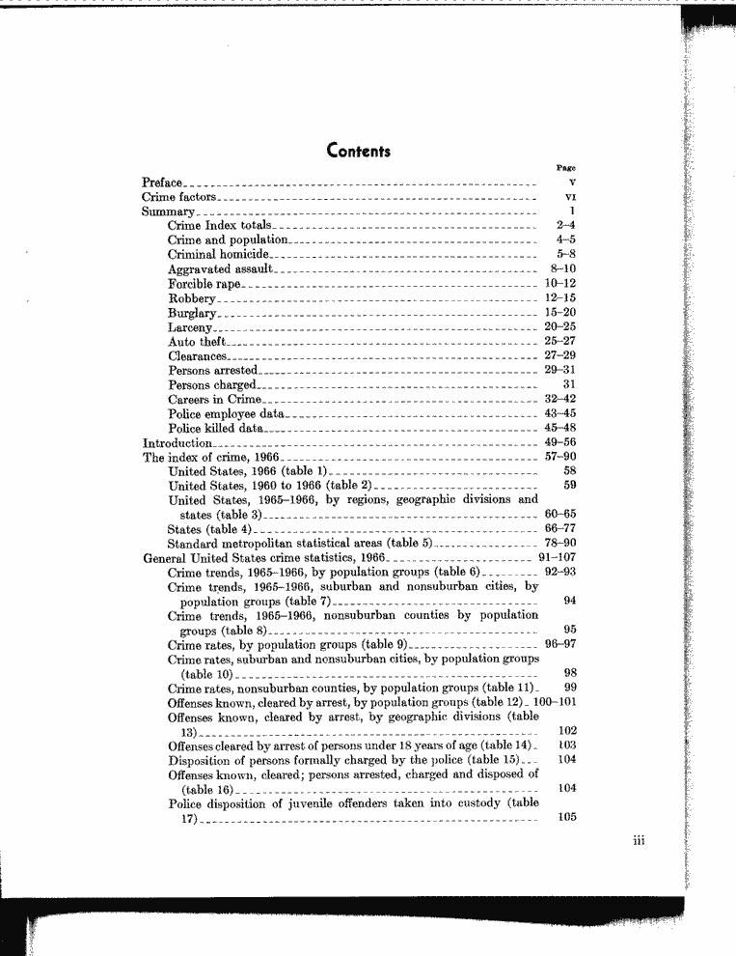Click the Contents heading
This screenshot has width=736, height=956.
point(359,151)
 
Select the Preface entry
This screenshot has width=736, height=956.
point(162,182)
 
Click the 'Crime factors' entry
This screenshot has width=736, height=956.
point(175,196)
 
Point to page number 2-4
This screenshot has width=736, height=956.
point(566,225)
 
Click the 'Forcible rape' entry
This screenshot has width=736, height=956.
point(204,284)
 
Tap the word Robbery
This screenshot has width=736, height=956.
point(191,298)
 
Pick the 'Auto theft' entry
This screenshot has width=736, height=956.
point(197,342)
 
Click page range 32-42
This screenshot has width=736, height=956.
point(560,399)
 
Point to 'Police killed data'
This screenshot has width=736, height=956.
point(215,428)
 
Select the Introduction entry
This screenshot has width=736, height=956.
point(177,443)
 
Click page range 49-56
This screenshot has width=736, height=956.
point(560,443)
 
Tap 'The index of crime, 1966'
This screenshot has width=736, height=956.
point(210,458)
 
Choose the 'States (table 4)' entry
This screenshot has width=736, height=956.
point(209,530)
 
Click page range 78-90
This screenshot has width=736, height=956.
point(560,544)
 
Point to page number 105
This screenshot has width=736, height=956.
point(567,818)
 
